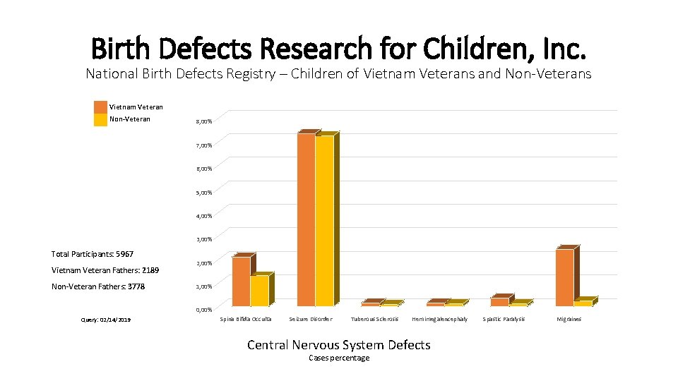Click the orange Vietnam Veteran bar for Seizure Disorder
(x=306, y=219)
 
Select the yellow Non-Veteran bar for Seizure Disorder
(x=324, y=220)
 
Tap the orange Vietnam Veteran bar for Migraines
(x=565, y=277)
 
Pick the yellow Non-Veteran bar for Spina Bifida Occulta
(x=259, y=290)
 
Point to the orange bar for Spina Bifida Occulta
(x=241, y=281)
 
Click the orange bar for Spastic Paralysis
(x=500, y=301)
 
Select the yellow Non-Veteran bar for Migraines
(x=583, y=303)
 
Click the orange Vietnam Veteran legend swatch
(x=100, y=107)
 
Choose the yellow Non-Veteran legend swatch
(x=100, y=119)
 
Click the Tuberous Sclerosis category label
(x=374, y=320)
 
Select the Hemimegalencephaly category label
(x=439, y=320)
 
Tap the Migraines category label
(x=569, y=320)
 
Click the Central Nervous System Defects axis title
(x=338, y=345)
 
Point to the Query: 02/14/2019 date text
(x=107, y=320)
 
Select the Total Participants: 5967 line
(x=93, y=254)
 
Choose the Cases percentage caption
(x=339, y=358)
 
